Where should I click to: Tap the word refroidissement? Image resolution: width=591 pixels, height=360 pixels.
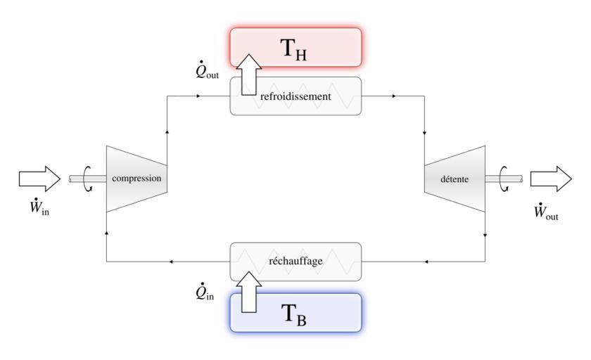295,97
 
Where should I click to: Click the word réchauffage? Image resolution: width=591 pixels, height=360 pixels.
295,261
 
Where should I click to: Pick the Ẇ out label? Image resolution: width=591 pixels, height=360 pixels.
546,211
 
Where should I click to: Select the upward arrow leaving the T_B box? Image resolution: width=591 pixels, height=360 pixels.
248,290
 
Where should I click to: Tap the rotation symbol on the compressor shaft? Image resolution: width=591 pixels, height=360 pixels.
88,179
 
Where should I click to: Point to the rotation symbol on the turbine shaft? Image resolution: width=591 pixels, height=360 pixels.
504,179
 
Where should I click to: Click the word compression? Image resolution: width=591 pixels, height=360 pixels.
136,179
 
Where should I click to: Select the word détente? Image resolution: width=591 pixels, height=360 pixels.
455,179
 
